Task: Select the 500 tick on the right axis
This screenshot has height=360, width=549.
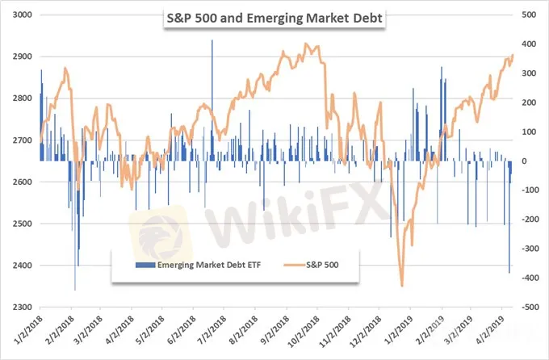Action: pos(530,15)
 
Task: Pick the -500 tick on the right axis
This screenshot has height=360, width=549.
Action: pos(530,308)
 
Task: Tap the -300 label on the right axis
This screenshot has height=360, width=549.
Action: pos(530,249)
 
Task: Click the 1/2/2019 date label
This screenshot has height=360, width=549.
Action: pos(396,330)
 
